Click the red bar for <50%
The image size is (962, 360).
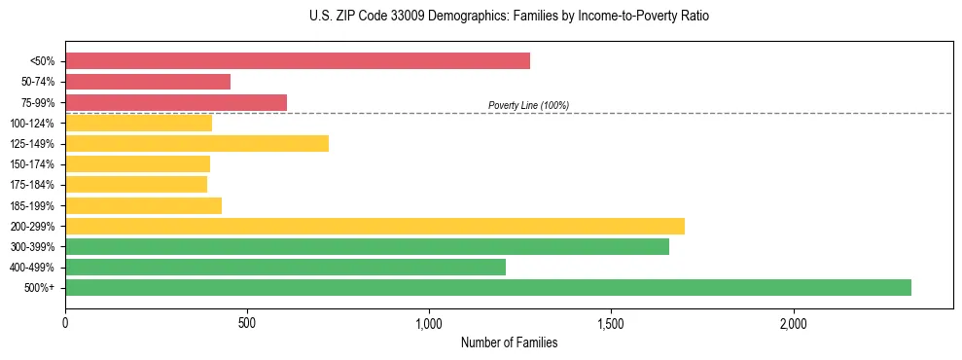[x=298, y=61]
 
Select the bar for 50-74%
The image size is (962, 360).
[x=148, y=82]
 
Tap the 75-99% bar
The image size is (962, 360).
[x=176, y=102]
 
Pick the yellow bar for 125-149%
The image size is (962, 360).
[x=196, y=143]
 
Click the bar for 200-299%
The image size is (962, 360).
[x=374, y=226]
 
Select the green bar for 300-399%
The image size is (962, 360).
[x=367, y=246]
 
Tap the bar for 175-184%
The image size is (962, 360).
[x=136, y=185]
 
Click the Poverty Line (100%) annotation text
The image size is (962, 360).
[x=528, y=105]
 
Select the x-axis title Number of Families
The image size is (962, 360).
[x=509, y=342]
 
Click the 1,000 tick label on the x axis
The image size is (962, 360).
[x=429, y=323]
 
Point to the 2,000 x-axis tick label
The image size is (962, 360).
[x=793, y=323]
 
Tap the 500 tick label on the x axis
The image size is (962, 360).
[x=247, y=323]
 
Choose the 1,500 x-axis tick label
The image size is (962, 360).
[x=611, y=323]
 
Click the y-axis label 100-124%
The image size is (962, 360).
[x=32, y=124]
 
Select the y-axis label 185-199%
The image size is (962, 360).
[x=32, y=205]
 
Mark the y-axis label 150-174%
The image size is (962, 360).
[x=32, y=164]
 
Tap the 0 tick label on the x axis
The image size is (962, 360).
[x=65, y=323]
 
